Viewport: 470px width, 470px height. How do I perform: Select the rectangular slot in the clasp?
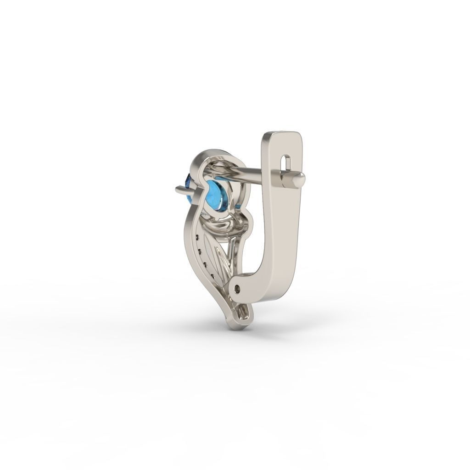point(287,163)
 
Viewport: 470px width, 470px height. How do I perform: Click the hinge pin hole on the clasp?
point(237,288)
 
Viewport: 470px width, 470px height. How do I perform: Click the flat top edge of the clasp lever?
point(282,134)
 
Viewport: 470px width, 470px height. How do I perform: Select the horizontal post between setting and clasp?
point(248,173)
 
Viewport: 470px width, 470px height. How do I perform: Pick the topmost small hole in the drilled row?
point(197,237)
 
